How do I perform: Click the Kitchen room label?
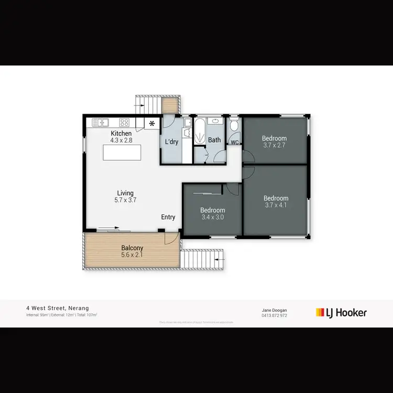(x=121, y=134)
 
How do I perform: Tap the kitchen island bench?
(x=122, y=152)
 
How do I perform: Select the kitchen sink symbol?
(x=100, y=123)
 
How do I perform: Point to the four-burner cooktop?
(x=125, y=123)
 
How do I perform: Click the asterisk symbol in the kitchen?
(x=152, y=124)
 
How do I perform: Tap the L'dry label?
(x=172, y=143)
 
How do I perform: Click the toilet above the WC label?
(x=234, y=126)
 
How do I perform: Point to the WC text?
(x=235, y=142)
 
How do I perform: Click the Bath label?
(x=214, y=140)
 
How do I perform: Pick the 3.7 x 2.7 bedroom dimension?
(x=275, y=145)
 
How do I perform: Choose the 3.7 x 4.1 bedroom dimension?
(x=276, y=205)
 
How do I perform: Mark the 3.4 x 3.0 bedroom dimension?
(x=212, y=217)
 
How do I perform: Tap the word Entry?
(x=168, y=217)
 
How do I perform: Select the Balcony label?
(x=132, y=248)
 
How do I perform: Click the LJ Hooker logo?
(x=341, y=313)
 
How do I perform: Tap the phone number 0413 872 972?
(x=275, y=315)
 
